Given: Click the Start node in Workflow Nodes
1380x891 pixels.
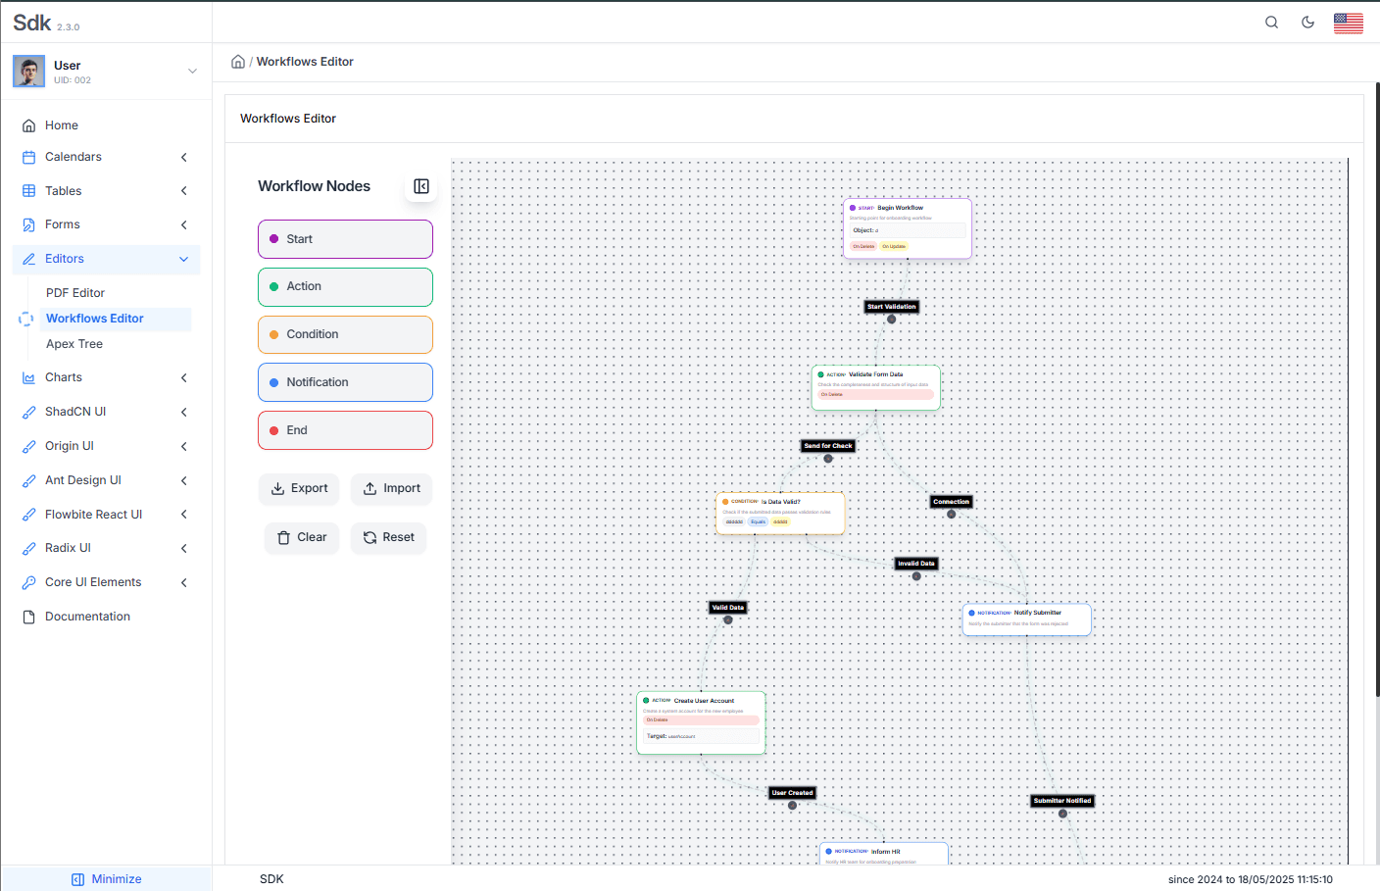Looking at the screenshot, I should pos(345,239).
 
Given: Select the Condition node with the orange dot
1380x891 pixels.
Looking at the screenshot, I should pos(345,334).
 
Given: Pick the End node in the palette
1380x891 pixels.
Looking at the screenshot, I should pos(345,430).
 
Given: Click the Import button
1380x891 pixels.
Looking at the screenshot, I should pos(391,488).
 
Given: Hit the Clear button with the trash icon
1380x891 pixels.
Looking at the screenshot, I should pos(302,537).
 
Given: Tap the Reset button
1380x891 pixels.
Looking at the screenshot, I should pos(388,537).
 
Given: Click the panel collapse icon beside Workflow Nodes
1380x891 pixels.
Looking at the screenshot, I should pos(421,186).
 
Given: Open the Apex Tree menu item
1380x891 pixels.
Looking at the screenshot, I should pos(74,344).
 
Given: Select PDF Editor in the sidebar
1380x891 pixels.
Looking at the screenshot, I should pos(75,293).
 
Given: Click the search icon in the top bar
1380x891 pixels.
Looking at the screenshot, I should pos(1271,23).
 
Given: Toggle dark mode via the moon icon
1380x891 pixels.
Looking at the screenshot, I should pos(1307,23).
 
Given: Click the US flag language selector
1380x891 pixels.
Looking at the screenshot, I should pos(1348,23).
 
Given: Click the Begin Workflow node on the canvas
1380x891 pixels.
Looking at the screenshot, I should pos(907,227).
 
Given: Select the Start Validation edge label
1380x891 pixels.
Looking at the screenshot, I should pos(892,307).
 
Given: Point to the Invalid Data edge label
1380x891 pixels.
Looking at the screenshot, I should pos(916,564).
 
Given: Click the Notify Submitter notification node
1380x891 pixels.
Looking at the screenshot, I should pos(1026,619).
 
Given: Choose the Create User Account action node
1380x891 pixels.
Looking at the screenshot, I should pos(701,722).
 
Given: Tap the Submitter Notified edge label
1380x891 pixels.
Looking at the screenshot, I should pos(1062,801).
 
